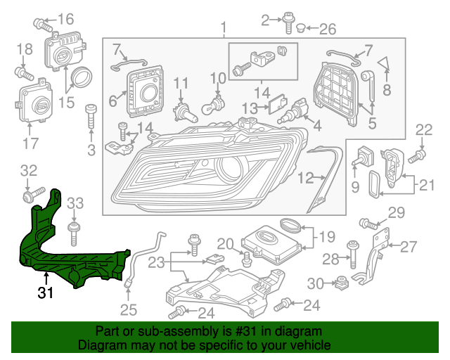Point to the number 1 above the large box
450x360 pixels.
coord(224,29)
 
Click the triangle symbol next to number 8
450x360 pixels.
coord(385,65)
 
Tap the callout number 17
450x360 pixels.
coord(30,146)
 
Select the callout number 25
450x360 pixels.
coord(127,309)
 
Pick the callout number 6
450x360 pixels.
coord(112,101)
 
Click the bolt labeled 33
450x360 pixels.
coord(73,229)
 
